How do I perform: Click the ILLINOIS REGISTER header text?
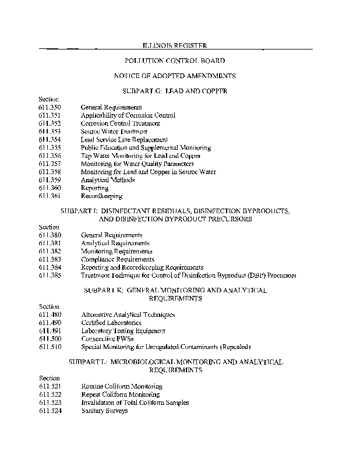[175, 45]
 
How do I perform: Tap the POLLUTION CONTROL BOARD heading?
[175, 61]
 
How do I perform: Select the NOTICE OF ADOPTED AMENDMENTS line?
[175, 76]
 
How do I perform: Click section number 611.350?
[50, 107]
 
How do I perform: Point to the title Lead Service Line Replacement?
[124, 140]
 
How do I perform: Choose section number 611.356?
[50, 156]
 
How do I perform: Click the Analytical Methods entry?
[108, 180]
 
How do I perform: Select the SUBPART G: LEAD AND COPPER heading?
[175, 91]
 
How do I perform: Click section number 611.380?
[50, 235]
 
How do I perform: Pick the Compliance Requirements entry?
[117, 259]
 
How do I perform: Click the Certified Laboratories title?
[111, 322]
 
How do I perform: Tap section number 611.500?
[50, 338]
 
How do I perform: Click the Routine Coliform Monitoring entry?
[121, 386]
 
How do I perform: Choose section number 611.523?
[50, 403]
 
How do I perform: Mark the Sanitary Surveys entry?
[104, 411]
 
